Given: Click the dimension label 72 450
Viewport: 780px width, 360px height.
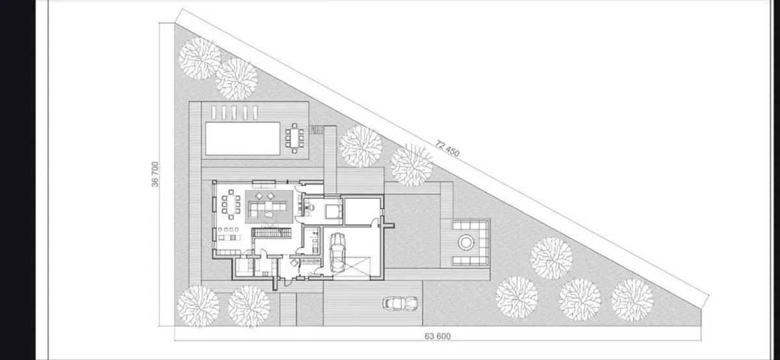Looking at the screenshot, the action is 447,148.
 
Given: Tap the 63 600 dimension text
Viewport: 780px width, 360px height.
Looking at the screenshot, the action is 437,336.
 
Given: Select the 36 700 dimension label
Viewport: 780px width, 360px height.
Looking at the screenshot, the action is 155,174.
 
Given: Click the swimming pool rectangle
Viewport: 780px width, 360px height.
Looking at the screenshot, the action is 242,138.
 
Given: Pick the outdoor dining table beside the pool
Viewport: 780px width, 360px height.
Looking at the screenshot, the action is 294,138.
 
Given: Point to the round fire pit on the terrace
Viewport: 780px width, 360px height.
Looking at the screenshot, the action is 466,242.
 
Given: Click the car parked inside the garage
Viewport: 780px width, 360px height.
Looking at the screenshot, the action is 337,252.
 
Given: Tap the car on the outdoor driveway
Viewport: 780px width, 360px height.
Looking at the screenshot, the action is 400,303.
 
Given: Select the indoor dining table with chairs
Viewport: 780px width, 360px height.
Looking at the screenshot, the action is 231,205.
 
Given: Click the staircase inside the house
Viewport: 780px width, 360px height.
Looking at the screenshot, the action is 271,232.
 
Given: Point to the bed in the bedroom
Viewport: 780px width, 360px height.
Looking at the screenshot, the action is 333,211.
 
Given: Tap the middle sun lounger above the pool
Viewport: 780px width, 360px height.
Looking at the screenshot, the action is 234,112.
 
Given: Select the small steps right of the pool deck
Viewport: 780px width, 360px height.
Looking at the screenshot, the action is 317,130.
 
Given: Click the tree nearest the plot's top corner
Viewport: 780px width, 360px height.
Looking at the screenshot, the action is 200,58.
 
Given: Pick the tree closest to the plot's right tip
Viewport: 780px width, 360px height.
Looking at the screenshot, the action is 632,300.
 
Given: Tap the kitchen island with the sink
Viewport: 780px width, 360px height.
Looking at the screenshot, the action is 229,237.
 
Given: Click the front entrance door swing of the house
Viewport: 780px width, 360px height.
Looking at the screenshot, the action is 287,281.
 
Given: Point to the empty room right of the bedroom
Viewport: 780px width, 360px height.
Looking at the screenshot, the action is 361,212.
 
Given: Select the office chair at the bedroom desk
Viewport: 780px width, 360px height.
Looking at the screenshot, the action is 311,208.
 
